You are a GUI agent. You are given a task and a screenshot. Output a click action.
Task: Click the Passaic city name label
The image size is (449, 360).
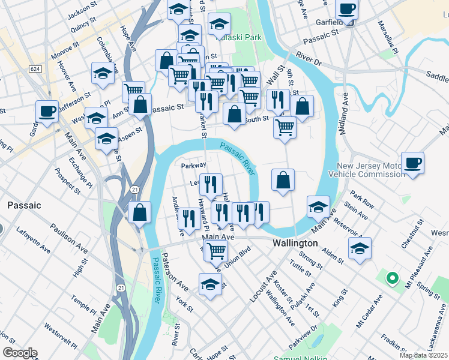click(x=24, y=205)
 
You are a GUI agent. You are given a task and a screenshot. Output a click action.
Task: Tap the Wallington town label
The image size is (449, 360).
click(x=295, y=244)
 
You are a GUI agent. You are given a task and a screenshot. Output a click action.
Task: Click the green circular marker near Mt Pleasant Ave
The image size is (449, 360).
click(x=392, y=278)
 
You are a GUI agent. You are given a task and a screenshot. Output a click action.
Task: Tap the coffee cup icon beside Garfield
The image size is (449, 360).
click(x=346, y=9)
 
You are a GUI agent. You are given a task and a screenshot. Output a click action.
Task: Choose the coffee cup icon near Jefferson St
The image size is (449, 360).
click(x=47, y=110)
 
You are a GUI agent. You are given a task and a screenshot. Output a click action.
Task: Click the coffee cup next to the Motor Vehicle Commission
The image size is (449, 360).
click(x=412, y=163)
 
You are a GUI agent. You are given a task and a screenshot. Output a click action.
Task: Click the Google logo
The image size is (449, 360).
click(x=20, y=353)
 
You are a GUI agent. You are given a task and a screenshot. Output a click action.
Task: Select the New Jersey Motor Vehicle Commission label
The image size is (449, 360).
click(x=370, y=170)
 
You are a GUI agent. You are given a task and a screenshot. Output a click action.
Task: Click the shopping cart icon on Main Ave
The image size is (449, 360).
click(x=216, y=250)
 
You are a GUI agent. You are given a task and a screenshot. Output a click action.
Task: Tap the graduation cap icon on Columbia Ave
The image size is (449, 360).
click(x=103, y=73)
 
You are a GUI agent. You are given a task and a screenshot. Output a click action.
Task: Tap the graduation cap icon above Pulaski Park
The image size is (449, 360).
click(x=219, y=24)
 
